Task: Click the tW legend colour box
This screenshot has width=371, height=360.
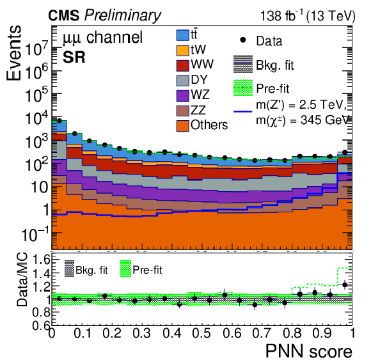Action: click(183, 51)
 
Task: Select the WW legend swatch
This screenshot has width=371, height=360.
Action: click(183, 65)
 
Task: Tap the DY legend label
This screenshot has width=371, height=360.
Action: click(199, 80)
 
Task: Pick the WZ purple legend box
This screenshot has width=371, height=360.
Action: click(183, 95)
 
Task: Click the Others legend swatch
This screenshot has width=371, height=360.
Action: click(183, 125)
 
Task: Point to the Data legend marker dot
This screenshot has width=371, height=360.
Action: click(242, 40)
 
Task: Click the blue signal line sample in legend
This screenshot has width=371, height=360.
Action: click(243, 111)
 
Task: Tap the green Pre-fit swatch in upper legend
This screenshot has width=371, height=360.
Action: click(243, 88)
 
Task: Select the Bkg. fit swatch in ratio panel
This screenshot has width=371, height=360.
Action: click(69, 269)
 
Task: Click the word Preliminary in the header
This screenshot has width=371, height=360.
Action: click(123, 15)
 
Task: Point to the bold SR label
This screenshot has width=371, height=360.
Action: click(74, 58)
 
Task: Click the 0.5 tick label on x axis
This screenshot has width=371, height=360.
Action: click(201, 333)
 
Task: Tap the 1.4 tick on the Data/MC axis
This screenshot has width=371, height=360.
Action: click(41, 274)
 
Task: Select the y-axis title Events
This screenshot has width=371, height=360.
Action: click(13, 52)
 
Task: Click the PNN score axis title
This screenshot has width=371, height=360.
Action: click(309, 351)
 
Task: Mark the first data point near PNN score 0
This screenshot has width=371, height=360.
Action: click(59, 121)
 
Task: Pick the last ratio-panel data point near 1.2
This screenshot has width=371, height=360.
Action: click(345, 285)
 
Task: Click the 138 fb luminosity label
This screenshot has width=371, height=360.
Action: click(308, 16)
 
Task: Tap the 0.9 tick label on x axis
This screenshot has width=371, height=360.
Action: click(322, 333)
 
